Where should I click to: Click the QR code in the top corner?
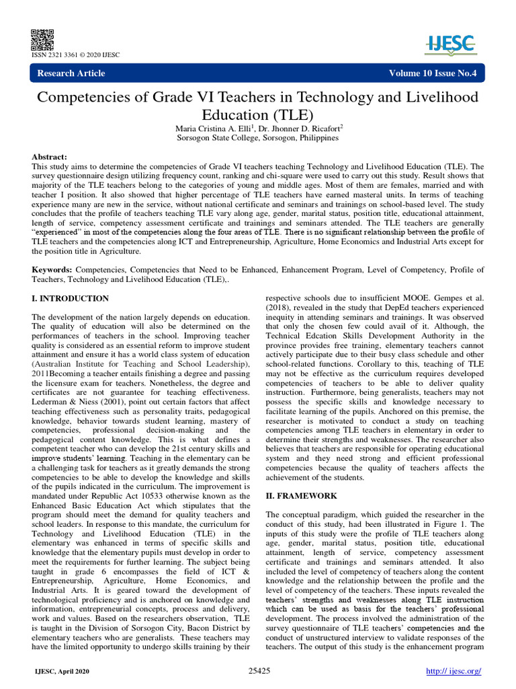[x=42, y=39]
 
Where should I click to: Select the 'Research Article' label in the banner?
[x=71, y=73]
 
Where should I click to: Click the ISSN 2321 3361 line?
[x=76, y=55]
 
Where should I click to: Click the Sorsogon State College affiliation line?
[x=257, y=138]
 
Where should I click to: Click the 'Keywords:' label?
[x=52, y=270]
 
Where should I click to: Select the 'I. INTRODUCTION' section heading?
[x=71, y=298]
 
